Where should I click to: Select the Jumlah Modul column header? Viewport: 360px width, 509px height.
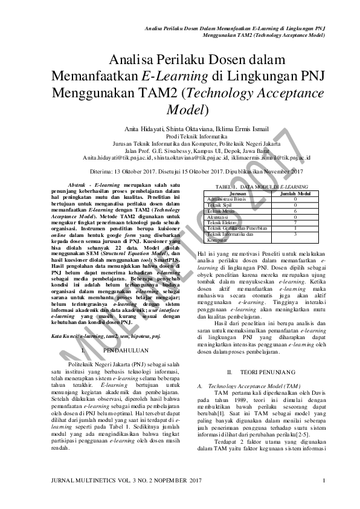[295, 194]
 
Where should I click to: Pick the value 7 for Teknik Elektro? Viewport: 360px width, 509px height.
[295, 222]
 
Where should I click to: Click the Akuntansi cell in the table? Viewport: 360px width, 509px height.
[219, 216]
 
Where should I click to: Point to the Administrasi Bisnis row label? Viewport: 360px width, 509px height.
[227, 199]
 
